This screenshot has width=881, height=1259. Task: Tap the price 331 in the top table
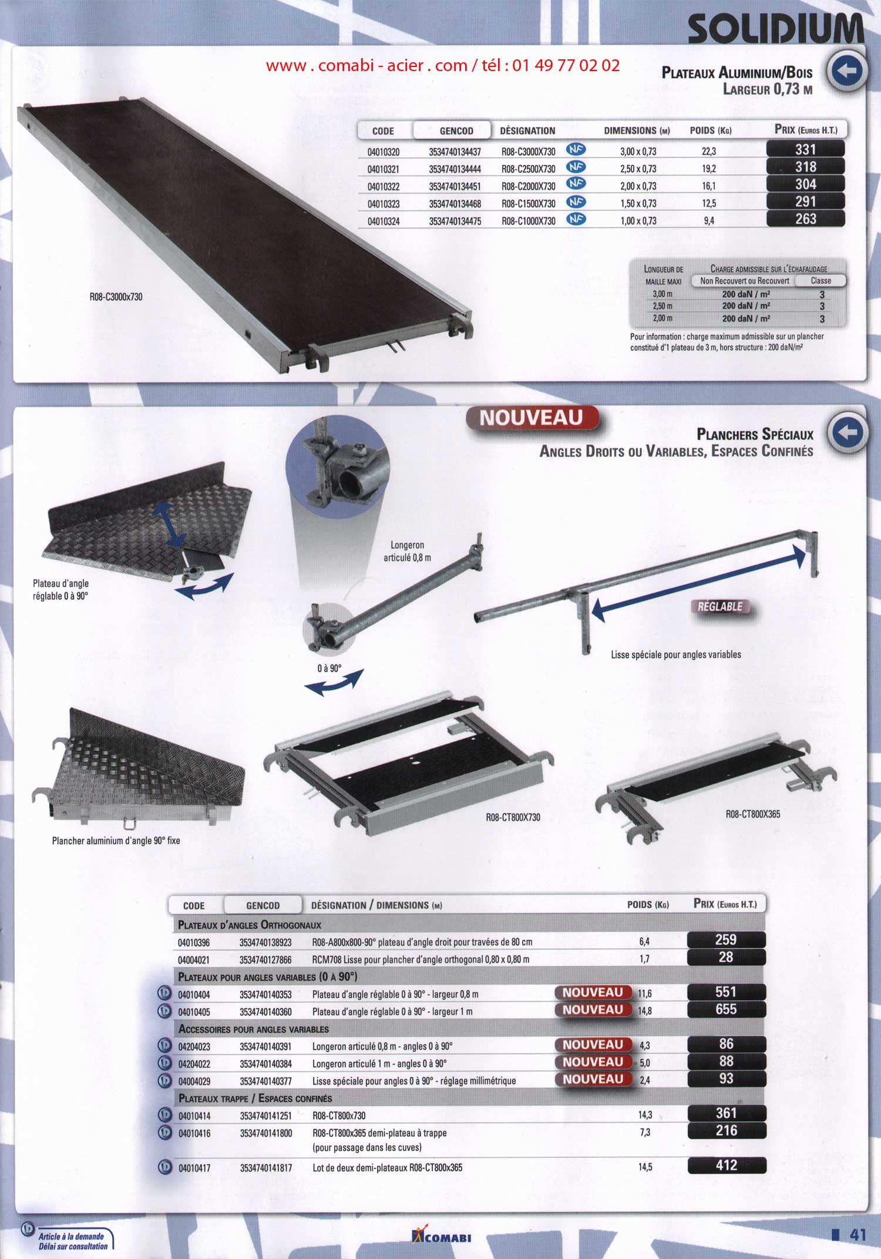pyautogui.click(x=805, y=149)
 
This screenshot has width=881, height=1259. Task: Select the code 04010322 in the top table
pyautogui.click(x=384, y=186)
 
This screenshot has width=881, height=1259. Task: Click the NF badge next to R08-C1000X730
pyautogui.click(x=576, y=219)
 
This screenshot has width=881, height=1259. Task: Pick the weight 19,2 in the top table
pyautogui.click(x=709, y=169)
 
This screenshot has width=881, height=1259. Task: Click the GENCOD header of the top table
pyautogui.click(x=456, y=131)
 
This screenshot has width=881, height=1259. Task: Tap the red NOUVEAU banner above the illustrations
pyautogui.click(x=532, y=418)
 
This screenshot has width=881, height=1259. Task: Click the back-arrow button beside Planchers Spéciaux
pyautogui.click(x=847, y=432)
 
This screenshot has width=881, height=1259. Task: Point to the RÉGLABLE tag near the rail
pyautogui.click(x=720, y=606)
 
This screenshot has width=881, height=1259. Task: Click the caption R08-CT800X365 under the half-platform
pyautogui.click(x=753, y=814)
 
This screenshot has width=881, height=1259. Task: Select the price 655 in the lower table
pyautogui.click(x=726, y=1009)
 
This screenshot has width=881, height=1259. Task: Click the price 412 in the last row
pyautogui.click(x=727, y=1165)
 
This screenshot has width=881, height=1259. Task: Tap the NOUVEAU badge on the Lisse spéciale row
pyautogui.click(x=593, y=1079)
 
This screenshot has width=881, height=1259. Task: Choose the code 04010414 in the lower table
pyautogui.click(x=194, y=1116)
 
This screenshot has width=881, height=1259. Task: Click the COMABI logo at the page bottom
pyautogui.click(x=442, y=1236)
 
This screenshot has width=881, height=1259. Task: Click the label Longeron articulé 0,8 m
pyautogui.click(x=407, y=551)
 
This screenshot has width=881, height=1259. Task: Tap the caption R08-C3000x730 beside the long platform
pyautogui.click(x=116, y=297)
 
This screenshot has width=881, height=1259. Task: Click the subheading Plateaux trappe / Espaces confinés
pyautogui.click(x=255, y=1098)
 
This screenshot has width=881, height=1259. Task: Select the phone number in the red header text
pyautogui.click(x=566, y=65)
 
